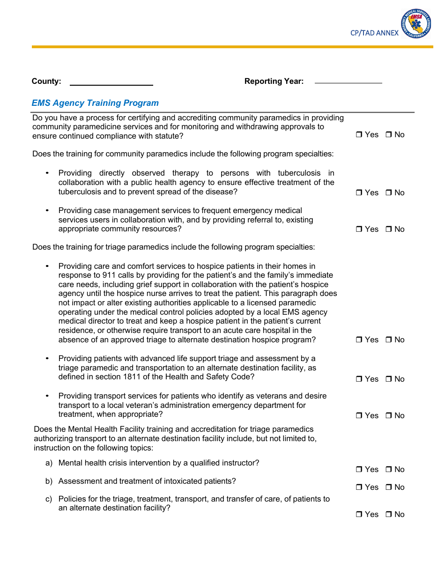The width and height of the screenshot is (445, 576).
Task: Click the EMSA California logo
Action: click(416, 24)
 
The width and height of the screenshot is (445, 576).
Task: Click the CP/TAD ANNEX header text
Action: click(374, 33)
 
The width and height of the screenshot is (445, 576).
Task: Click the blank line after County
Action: click(111, 82)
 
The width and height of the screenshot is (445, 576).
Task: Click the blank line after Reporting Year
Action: click(348, 80)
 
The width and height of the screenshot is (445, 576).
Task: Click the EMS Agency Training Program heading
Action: click(95, 103)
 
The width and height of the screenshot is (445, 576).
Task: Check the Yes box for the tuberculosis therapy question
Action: click(359, 193)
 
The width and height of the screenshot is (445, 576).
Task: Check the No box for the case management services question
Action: click(389, 229)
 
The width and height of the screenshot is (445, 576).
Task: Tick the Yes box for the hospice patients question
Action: click(359, 340)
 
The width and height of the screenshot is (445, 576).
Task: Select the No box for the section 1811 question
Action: click(389, 379)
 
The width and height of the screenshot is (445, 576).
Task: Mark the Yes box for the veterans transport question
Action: click(359, 416)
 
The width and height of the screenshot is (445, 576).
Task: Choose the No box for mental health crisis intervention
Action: click(389, 470)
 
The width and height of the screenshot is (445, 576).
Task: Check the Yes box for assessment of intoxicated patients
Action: click(359, 487)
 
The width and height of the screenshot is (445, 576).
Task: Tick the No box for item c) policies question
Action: click(389, 515)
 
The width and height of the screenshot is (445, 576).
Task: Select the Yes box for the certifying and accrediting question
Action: click(359, 135)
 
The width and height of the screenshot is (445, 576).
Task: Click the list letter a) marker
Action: click(49, 463)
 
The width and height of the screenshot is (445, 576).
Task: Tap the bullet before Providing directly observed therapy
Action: click(47, 173)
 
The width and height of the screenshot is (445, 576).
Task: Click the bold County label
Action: click(46, 81)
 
